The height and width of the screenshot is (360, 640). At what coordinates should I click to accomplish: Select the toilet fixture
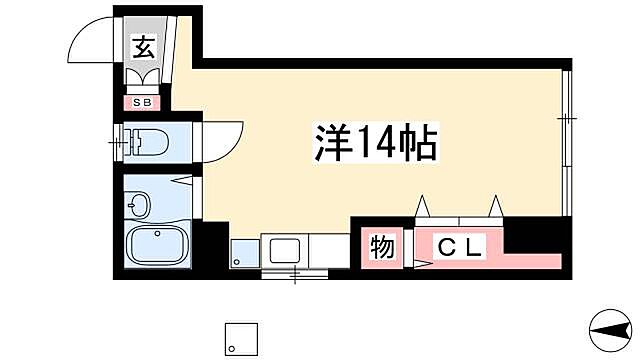click(148, 143)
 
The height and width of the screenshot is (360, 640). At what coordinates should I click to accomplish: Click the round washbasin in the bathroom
click(139, 207)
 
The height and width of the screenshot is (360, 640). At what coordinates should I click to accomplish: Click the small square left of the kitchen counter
click(243, 251)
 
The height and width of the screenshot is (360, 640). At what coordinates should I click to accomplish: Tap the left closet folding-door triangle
click(423, 205)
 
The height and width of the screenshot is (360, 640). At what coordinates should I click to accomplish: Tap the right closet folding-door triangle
click(494, 205)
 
